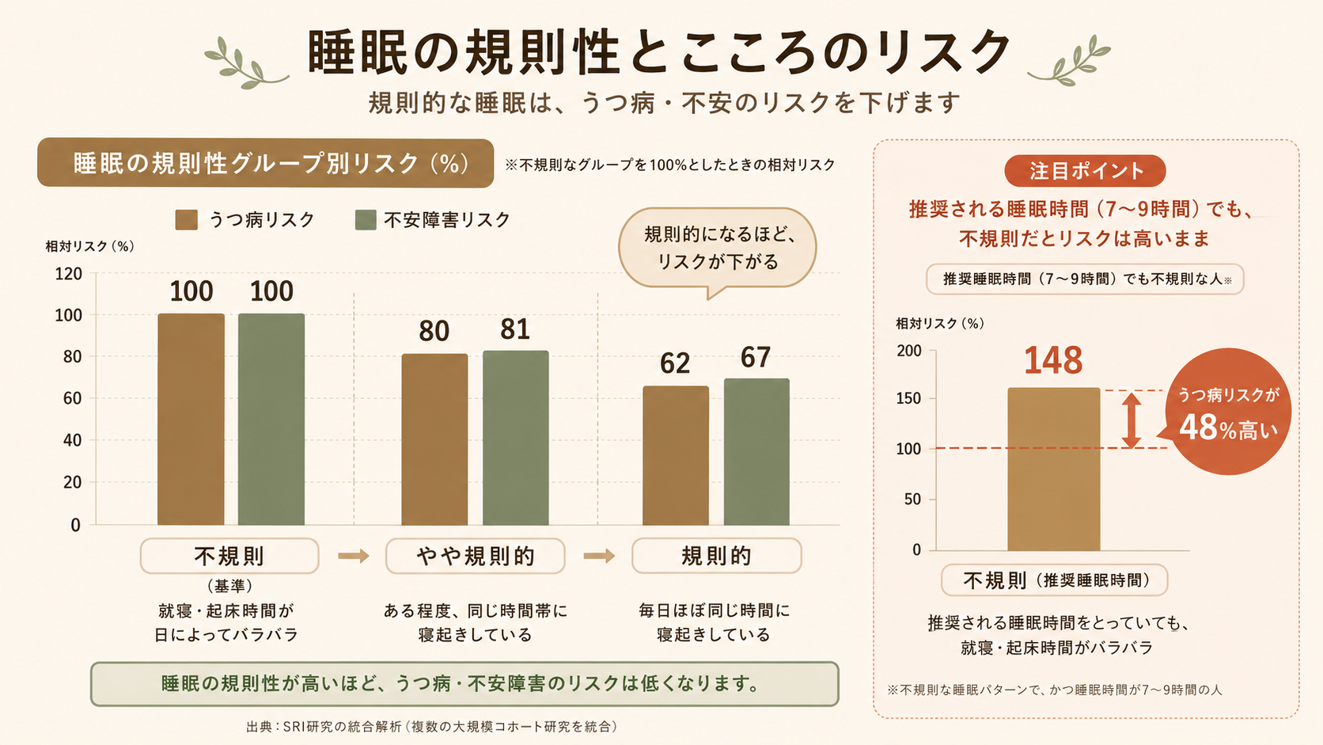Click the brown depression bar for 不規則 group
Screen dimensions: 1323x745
coord(191,419)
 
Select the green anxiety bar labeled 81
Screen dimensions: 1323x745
coord(516,438)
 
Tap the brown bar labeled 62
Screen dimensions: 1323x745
coord(676,455)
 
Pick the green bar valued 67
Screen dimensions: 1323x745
coord(756,452)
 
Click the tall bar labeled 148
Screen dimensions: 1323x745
coord(1054,469)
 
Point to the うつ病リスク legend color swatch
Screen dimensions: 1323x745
coord(187,220)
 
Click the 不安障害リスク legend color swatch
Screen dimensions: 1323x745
coord(366,220)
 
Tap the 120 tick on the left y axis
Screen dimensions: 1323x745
coord(69,274)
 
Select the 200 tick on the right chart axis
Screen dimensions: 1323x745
coord(909,351)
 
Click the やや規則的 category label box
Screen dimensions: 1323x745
coord(476,556)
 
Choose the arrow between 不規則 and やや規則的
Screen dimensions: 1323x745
coord(354,556)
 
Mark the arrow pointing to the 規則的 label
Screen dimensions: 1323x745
coord(600,556)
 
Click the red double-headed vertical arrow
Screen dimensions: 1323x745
coord(1131,420)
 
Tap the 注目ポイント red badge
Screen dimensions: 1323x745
coord(1085,171)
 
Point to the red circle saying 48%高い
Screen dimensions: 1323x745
coord(1229,412)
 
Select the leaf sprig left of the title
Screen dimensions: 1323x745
coord(245,63)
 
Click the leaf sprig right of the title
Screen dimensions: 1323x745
coord(1070,60)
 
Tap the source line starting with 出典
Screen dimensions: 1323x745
coord(432,727)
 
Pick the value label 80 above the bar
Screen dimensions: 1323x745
coord(434,331)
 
